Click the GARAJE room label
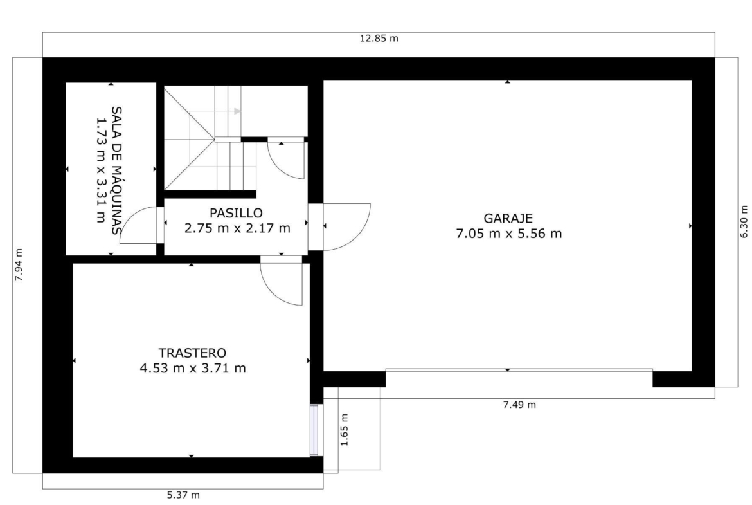click(x=508, y=219)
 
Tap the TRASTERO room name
click(x=192, y=353)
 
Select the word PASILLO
click(x=236, y=213)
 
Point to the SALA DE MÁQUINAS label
click(x=116, y=170)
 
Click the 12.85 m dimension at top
click(x=379, y=39)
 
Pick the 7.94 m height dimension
click(x=19, y=264)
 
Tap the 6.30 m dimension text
click(x=744, y=221)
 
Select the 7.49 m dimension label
click(x=519, y=405)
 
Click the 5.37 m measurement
click(x=183, y=495)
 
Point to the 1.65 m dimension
click(x=345, y=429)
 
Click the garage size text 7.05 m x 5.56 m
click(x=509, y=234)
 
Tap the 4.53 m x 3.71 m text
click(x=193, y=369)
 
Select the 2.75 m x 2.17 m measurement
click(x=237, y=228)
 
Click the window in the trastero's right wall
click(x=314, y=430)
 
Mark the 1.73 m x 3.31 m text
click(x=101, y=170)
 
